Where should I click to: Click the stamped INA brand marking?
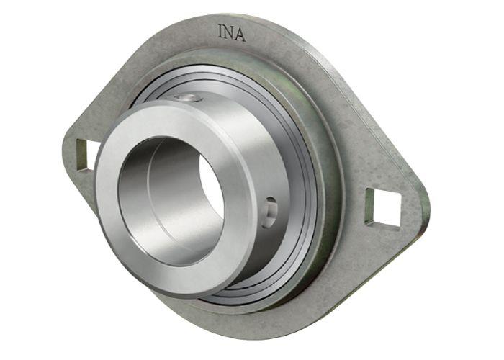click(232, 33)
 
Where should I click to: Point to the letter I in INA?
click(220, 31)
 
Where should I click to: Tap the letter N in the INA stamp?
click(230, 32)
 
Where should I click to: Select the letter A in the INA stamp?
click(240, 34)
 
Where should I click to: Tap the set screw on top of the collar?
click(189, 98)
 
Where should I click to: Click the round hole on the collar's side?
click(269, 212)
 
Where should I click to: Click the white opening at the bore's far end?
click(212, 189)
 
